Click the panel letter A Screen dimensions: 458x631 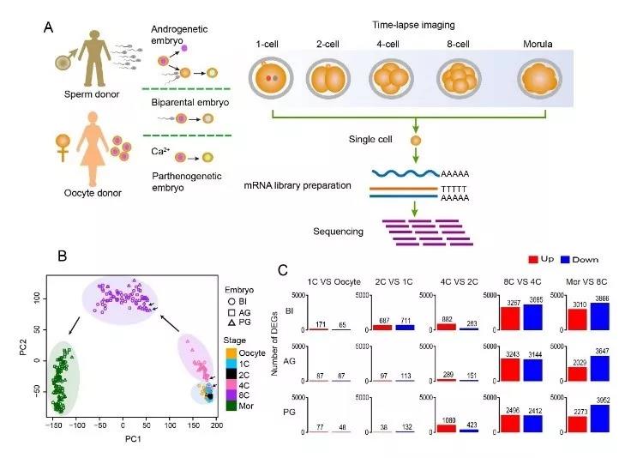49,27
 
